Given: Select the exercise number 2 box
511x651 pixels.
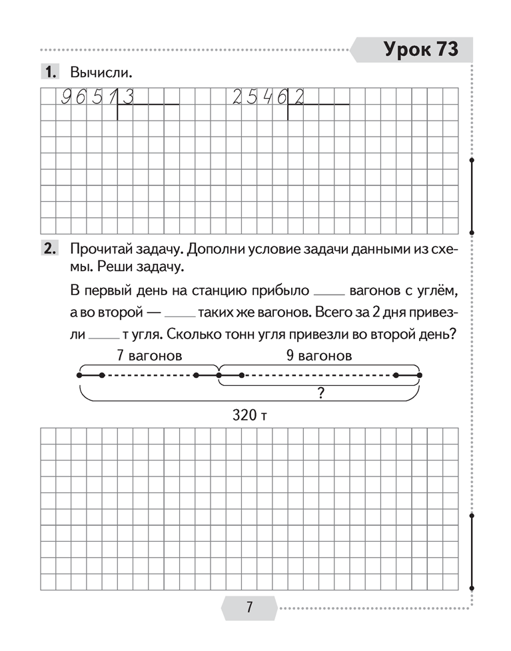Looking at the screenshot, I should pyautogui.click(x=50, y=249).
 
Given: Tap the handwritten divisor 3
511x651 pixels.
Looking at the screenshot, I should pyautogui.click(x=129, y=98).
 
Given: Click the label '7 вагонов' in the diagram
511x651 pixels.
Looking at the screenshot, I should pyautogui.click(x=149, y=356).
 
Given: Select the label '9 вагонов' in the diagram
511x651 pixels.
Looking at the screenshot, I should pyautogui.click(x=319, y=356).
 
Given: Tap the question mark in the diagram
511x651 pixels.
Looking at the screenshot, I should pyautogui.click(x=320, y=394).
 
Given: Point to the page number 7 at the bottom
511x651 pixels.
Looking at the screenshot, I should pyautogui.click(x=249, y=608).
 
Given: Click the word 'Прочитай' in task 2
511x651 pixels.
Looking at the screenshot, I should pyautogui.click(x=98, y=249).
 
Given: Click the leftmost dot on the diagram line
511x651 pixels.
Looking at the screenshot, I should pyautogui.click(x=79, y=376).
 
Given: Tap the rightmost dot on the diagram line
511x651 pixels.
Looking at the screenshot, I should pyautogui.click(x=420, y=376).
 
